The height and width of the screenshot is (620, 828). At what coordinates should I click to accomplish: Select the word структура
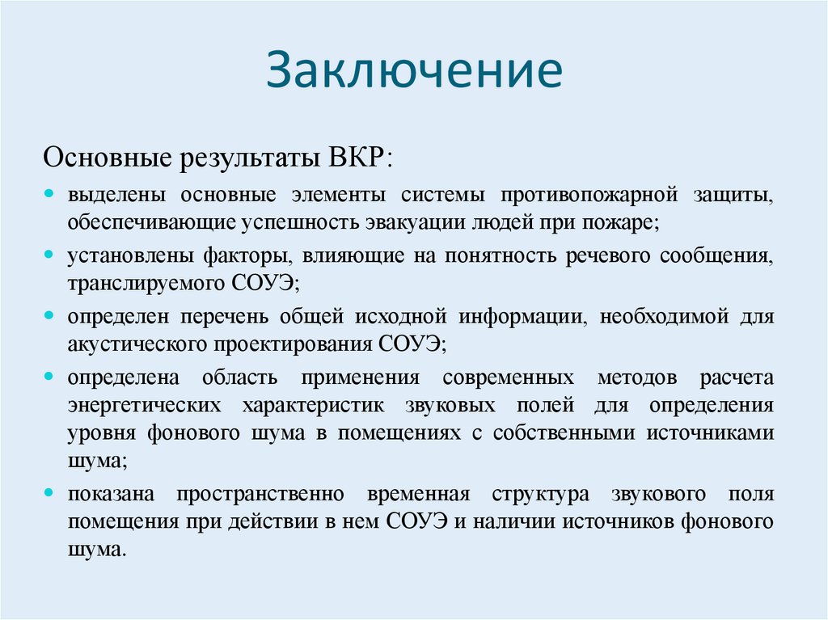[x=540, y=494]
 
